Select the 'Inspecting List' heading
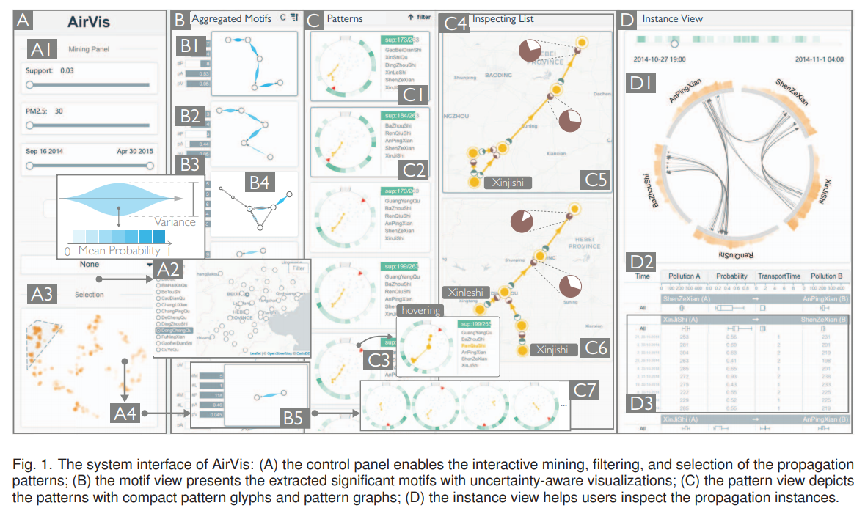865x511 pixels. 503,18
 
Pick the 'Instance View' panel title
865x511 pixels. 671,18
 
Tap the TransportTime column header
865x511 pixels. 781,276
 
